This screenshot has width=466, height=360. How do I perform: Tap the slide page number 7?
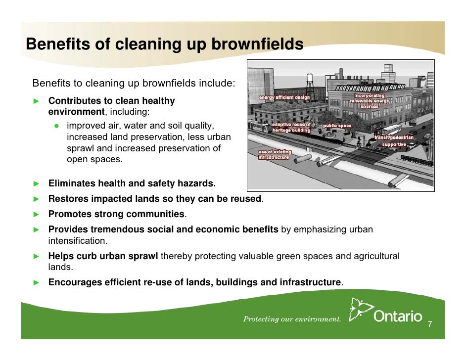click(x=430, y=324)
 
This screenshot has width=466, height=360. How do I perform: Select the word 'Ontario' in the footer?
click(x=398, y=316)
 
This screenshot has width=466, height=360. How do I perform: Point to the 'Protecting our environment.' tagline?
click(x=292, y=319)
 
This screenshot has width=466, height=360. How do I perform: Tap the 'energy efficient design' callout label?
click(x=283, y=98)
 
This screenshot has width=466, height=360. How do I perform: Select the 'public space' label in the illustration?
click(x=337, y=126)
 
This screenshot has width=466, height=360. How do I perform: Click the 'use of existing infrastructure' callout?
click(x=275, y=154)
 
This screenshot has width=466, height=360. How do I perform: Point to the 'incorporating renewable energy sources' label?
click(x=369, y=101)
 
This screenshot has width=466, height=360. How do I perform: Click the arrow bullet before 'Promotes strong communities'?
click(x=36, y=214)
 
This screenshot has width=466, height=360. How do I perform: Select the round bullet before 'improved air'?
click(x=57, y=126)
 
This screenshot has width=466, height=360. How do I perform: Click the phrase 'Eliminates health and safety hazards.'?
click(x=132, y=184)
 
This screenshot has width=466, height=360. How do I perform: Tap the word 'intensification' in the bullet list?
click(x=77, y=241)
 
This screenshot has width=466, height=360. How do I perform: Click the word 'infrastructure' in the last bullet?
click(x=310, y=282)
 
